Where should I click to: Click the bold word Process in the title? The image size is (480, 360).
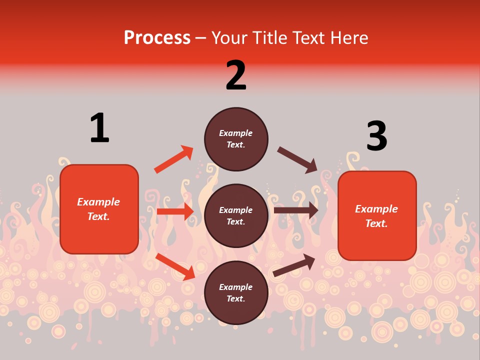(157, 38)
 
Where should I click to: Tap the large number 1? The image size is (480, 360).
(99, 128)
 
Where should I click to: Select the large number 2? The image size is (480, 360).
(236, 75)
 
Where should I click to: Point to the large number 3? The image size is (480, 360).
(376, 136)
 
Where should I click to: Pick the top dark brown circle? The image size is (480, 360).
(236, 139)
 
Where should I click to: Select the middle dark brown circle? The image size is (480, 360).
(236, 215)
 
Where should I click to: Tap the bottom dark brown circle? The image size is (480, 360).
(236, 292)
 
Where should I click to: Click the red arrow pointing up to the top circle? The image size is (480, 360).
(173, 159)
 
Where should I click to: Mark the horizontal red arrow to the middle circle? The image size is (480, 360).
(175, 211)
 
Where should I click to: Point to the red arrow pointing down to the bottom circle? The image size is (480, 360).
(175, 266)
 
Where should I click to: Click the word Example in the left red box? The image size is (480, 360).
(98, 202)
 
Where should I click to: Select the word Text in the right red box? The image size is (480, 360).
(375, 223)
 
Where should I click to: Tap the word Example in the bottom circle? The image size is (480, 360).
(236, 287)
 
